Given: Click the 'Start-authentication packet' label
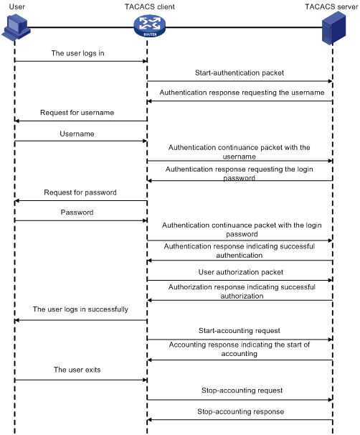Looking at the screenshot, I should pyautogui.click(x=239, y=72).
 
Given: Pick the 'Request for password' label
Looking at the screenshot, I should pyautogui.click(x=80, y=192).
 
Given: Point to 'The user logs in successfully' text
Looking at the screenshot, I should pyautogui.click(x=80, y=309).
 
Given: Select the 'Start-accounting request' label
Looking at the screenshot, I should pyautogui.click(x=240, y=331).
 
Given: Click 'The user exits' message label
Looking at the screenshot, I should pyautogui.click(x=77, y=370).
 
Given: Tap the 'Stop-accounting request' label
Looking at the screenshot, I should pyautogui.click(x=240, y=390).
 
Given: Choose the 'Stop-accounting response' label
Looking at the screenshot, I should pyautogui.click(x=240, y=411).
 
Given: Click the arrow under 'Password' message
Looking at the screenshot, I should pyautogui.click(x=80, y=221).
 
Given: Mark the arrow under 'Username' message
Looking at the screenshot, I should pyautogui.click(x=80, y=141).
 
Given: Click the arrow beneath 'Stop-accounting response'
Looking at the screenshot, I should pyautogui.click(x=240, y=420).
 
